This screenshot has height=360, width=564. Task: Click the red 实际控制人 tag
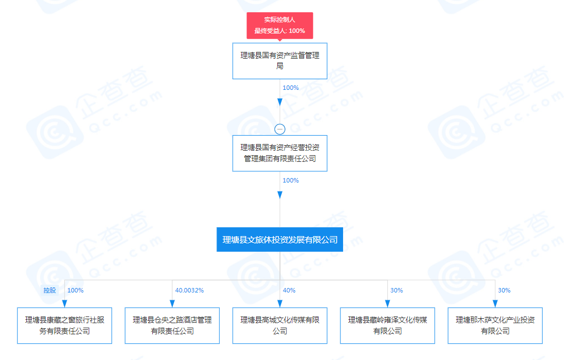pos(279,25)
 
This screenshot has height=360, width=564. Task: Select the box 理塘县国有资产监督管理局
pos(279,61)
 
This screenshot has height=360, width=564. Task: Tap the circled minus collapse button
pos(280,129)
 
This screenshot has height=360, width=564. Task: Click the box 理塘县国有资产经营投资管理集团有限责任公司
pos(279,153)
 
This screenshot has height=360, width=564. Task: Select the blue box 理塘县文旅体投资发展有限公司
pos(279,239)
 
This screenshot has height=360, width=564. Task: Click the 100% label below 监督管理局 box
pos(291,88)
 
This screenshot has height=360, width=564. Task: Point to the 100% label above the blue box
pos(291,180)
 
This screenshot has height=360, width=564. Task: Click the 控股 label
pos(50,290)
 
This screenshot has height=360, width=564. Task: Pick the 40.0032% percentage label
pos(189,290)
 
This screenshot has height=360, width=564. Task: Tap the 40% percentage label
pos(289,290)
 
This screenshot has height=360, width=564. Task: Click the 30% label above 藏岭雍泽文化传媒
pos(397,290)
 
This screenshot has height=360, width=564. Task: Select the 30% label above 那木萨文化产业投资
pos(504,290)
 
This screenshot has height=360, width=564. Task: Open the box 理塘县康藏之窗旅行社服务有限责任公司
pos(65,325)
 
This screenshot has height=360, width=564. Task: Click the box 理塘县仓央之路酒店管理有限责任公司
pos(172,325)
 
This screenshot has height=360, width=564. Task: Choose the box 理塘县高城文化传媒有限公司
pos(279,325)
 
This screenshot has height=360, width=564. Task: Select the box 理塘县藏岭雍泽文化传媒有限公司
pos(388,325)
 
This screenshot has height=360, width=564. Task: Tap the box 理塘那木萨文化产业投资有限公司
pos(495,325)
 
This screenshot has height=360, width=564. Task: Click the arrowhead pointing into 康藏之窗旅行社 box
pos(65,303)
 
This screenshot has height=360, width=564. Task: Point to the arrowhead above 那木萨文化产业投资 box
pos(495,303)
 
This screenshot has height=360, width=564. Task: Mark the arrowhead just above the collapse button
pos(280,102)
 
